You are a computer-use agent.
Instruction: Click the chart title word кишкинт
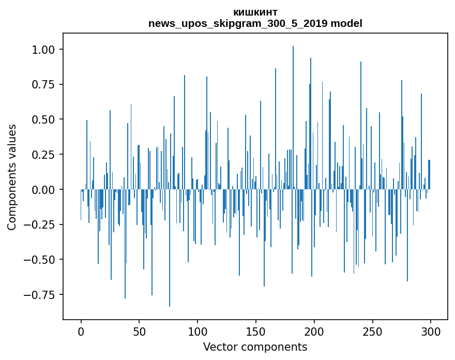coord(255,12)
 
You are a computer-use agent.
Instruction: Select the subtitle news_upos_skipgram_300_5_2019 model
coord(255,23)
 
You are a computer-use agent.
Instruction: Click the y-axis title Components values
coord(12,177)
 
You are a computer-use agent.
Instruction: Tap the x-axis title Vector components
coord(255,347)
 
